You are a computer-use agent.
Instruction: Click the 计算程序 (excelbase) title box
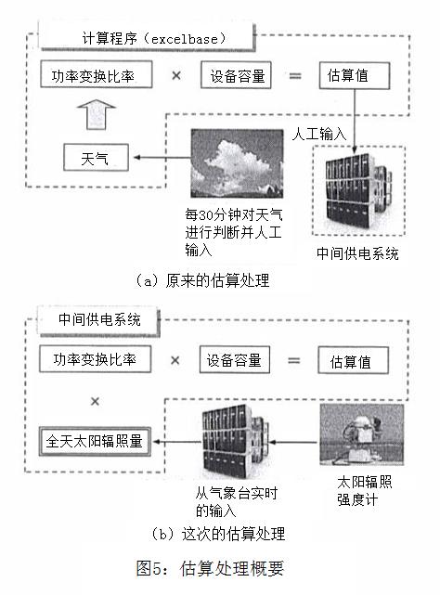(x=147, y=37)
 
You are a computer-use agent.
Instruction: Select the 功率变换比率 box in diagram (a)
(x=97, y=74)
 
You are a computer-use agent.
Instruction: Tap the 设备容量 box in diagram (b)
(x=235, y=360)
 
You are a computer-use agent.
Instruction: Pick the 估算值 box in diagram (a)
(x=355, y=76)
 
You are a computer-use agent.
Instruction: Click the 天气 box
(x=96, y=158)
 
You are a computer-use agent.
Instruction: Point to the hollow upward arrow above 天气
(x=97, y=114)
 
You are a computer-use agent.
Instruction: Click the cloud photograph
(x=237, y=163)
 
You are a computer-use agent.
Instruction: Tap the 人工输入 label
(x=319, y=135)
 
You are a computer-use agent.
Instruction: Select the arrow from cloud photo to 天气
(x=162, y=158)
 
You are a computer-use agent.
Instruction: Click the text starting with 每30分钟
(x=234, y=232)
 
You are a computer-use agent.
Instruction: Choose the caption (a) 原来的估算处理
(x=202, y=281)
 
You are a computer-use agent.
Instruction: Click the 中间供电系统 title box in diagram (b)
(x=98, y=320)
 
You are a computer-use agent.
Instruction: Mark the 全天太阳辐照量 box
(x=95, y=442)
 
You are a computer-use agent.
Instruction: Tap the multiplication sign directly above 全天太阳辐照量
(x=95, y=402)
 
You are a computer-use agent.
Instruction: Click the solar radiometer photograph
(x=362, y=434)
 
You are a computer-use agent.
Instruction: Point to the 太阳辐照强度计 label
(x=365, y=491)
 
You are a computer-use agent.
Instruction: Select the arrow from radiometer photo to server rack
(x=293, y=442)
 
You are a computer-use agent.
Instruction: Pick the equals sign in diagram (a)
(x=295, y=76)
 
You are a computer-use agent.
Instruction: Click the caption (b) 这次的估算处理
(x=218, y=535)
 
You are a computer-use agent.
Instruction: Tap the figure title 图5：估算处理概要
(x=210, y=568)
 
